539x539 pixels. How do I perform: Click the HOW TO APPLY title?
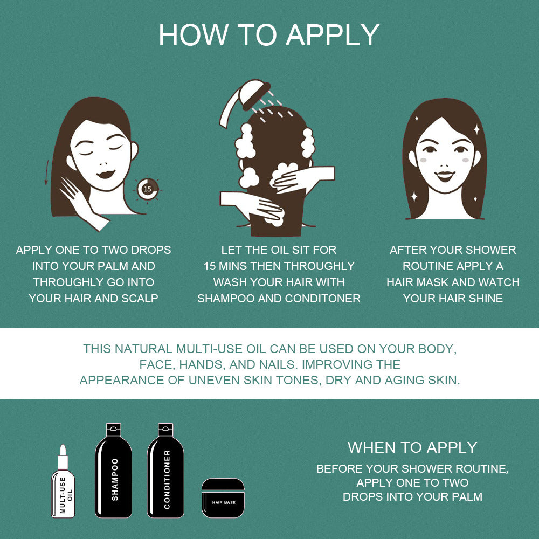(x=269, y=35)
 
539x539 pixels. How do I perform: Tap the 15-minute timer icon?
(x=148, y=189)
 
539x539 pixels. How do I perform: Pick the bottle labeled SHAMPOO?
(x=113, y=471)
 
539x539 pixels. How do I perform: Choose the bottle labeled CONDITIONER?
(x=165, y=471)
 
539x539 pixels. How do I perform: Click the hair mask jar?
(x=223, y=497)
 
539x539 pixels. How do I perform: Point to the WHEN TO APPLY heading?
(x=412, y=447)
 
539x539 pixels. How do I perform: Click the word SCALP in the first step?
(x=140, y=299)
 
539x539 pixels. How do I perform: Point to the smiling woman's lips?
(x=445, y=176)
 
